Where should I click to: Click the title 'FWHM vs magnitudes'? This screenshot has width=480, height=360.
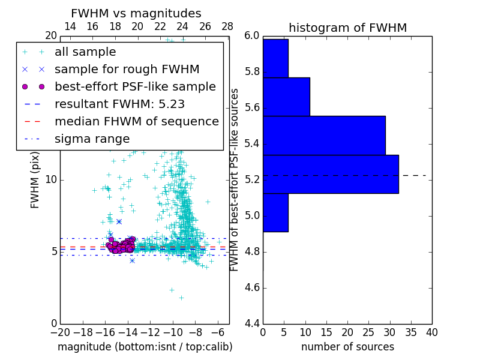coord(136,14)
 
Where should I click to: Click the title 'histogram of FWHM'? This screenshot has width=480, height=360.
coord(347,28)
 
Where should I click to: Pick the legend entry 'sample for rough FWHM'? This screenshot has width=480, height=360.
coord(127,70)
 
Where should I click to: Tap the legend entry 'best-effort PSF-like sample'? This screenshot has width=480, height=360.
coord(135,87)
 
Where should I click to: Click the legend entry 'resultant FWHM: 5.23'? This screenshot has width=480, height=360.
coord(119,104)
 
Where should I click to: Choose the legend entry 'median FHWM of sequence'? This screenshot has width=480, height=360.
coord(136,122)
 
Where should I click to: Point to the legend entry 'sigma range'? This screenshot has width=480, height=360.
coord(92,139)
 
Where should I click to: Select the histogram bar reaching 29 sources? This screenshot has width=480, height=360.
coord(324,135)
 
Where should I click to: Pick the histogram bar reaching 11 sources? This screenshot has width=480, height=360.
coord(286,97)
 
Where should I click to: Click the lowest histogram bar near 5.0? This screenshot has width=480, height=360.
coord(275,212)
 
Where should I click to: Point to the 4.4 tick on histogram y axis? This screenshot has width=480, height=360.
coord(251,324)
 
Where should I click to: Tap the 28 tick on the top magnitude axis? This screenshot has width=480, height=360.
coord(227,26)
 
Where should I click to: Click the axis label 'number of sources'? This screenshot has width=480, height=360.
coord(347,347)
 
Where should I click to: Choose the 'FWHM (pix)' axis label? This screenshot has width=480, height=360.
coord(35,180)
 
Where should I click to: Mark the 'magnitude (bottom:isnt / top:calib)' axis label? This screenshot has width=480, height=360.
coord(145,347)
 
